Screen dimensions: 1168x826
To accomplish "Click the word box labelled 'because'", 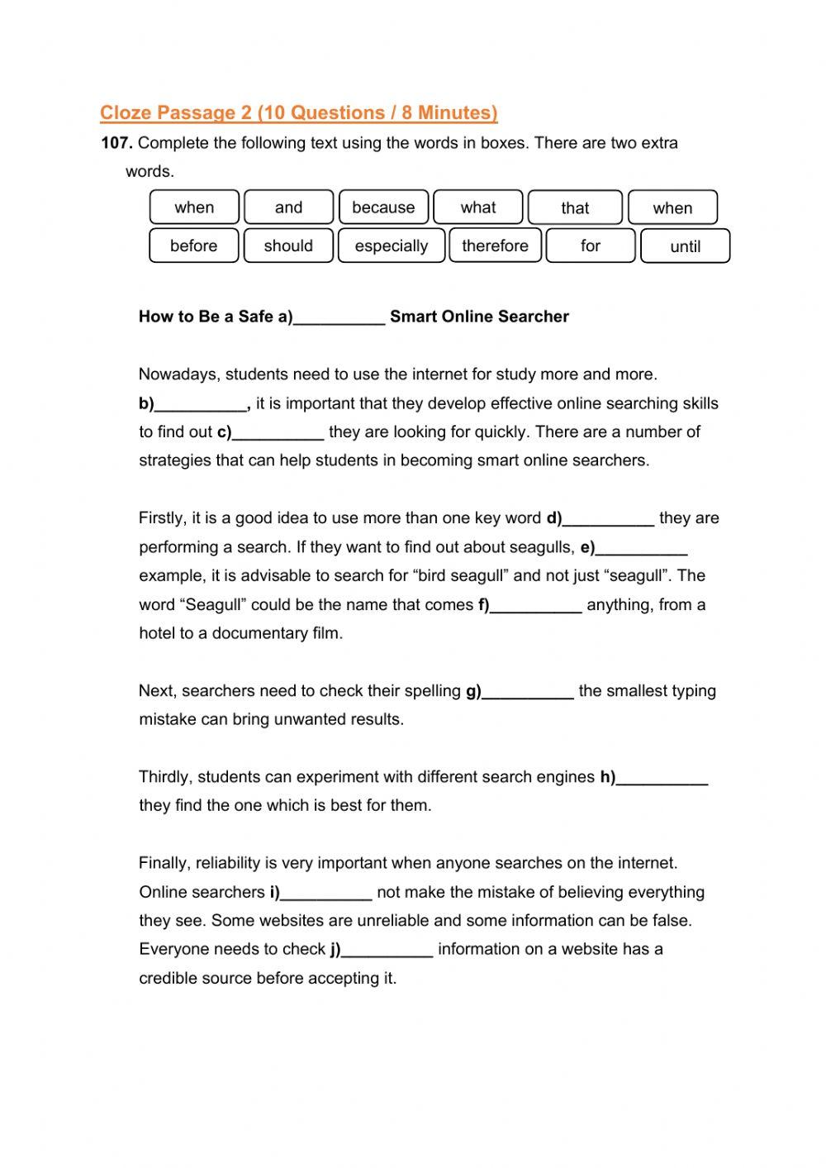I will coord(383,207).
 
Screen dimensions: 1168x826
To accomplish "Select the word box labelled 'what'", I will coord(478,207).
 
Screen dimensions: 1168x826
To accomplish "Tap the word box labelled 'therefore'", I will coord(495,246).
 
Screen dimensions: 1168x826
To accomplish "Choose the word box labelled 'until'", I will coord(685,246).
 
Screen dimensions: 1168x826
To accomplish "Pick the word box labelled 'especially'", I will coord(392,246).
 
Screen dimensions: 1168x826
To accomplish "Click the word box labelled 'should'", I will coord(288,246).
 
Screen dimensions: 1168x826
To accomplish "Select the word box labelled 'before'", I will coord(193,246).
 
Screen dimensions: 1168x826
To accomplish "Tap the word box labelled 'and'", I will coord(288,207).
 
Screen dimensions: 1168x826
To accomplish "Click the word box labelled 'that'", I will coord(575,208).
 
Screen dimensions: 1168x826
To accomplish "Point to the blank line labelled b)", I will coord(201,406).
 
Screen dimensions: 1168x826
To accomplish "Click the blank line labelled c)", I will coord(278,434).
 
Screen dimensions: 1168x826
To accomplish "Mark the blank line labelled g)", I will coord(528,694).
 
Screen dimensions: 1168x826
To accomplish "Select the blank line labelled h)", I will coord(662,779).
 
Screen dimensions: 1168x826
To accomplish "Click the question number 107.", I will coord(116,143).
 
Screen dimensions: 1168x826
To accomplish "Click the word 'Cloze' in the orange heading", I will coord(126,112).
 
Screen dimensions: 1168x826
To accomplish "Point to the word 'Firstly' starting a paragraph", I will coord(163,518).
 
